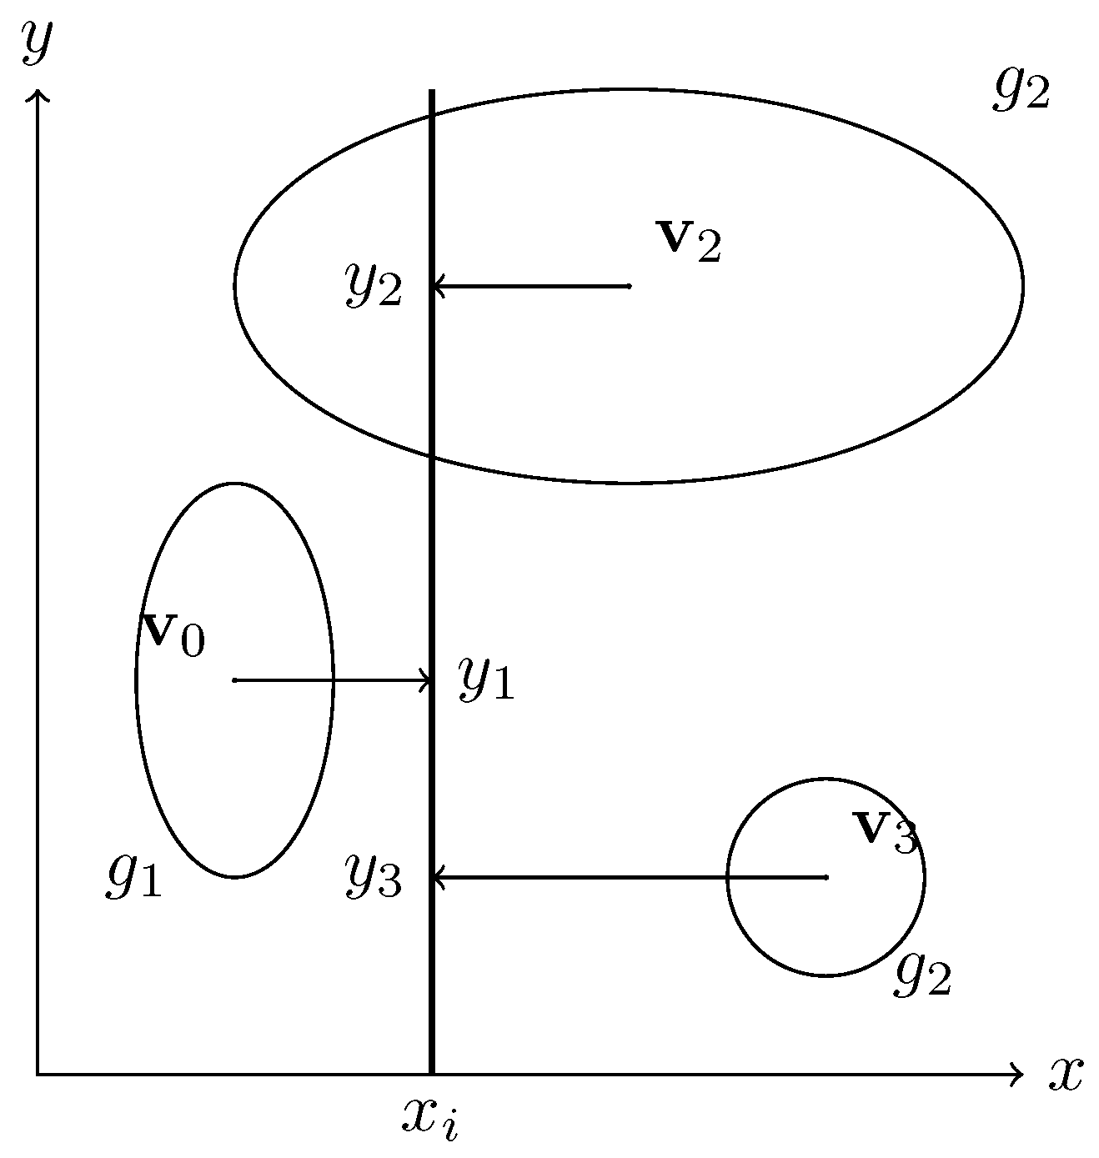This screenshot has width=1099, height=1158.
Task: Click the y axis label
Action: tap(37, 43)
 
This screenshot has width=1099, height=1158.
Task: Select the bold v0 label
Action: tap(173, 634)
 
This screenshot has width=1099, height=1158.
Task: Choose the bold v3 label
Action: tap(885, 830)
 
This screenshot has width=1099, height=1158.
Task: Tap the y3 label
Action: tap(374, 877)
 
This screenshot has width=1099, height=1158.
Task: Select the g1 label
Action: tap(133, 877)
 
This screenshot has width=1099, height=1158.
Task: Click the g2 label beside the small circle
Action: tap(923, 975)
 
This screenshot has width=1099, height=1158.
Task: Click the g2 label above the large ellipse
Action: tap(1021, 89)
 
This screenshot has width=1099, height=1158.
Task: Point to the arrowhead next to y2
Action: tap(435, 287)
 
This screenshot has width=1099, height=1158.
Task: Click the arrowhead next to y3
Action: tap(435, 877)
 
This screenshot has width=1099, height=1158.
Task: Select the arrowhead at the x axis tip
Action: tap(1018, 1074)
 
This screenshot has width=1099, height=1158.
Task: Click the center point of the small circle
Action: tap(826, 877)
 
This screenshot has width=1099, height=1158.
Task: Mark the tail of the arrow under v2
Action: tap(629, 287)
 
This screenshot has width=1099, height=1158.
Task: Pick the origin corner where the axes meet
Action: tap(38, 1074)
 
